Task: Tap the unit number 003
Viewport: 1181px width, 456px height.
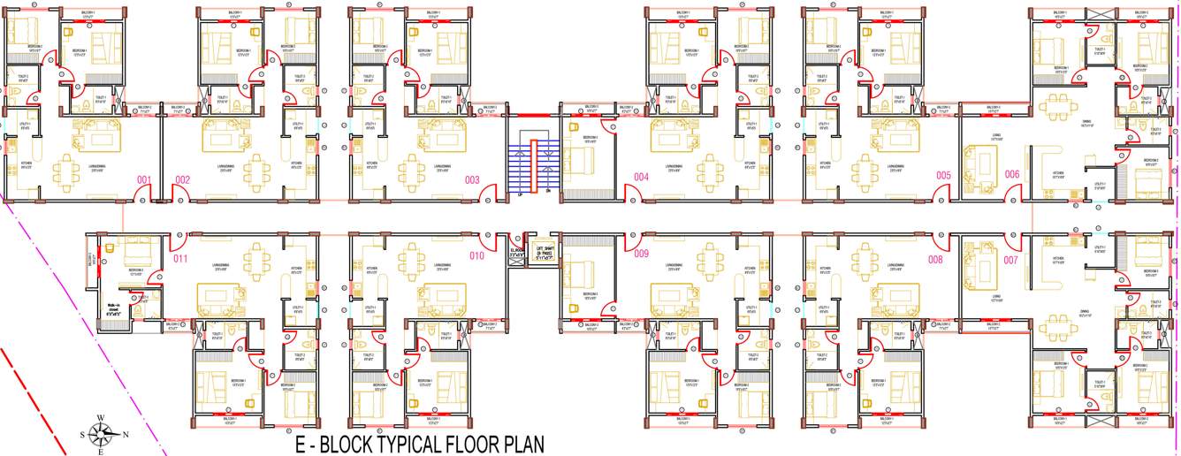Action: tap(472, 180)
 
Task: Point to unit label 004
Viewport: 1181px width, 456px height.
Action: tap(642, 178)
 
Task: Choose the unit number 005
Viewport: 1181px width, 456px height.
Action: tap(944, 175)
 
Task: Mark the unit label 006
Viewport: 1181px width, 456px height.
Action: tap(1012, 174)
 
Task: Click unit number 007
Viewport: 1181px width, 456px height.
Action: tap(1010, 260)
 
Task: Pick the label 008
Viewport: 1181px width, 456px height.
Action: tap(935, 260)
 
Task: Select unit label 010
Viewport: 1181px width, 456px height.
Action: tap(476, 256)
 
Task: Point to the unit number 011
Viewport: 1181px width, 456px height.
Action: tap(180, 258)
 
